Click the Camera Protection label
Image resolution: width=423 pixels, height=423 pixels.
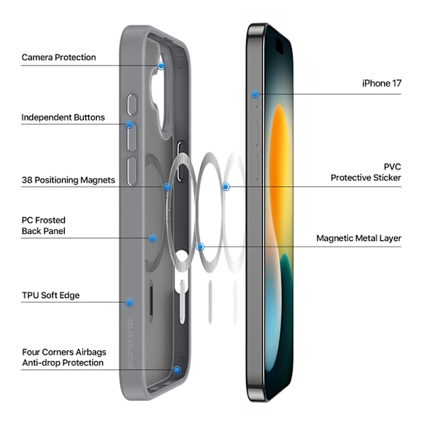59,57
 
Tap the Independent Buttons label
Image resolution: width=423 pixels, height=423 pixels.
63,117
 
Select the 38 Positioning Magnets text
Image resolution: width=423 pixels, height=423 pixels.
68,180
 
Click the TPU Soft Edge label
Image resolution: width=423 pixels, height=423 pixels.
51,295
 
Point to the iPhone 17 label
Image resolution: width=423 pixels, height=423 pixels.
381,83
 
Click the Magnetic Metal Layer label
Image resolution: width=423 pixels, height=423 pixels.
359,238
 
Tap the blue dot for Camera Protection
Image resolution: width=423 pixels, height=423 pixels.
161,66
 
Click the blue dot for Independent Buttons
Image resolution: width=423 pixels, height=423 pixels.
130,124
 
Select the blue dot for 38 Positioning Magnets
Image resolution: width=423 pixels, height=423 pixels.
167,187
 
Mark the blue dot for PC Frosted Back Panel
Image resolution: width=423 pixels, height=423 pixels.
152,238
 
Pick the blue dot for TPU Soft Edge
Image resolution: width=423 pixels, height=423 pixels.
130,302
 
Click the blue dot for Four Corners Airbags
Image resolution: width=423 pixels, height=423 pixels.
177,370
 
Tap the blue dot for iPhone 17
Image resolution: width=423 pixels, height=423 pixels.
255,94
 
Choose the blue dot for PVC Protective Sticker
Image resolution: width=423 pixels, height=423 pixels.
226,187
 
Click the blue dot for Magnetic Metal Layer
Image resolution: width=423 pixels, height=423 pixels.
200,247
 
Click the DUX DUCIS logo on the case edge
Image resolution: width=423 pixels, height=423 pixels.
130,344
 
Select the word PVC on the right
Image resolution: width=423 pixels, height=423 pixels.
393,166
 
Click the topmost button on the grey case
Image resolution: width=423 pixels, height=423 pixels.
133,104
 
